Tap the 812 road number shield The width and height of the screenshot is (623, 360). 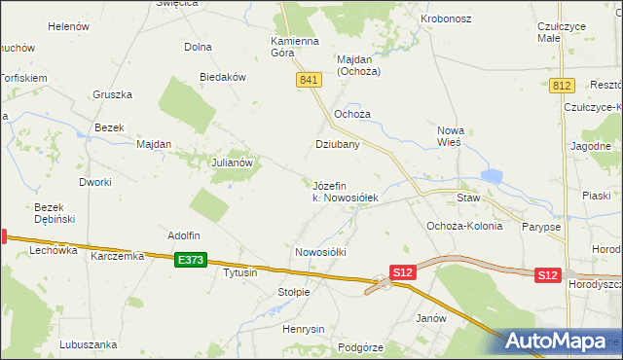tap(561, 86)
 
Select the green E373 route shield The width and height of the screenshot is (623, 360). tap(191, 260)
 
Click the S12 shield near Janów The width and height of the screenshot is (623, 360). tap(403, 273)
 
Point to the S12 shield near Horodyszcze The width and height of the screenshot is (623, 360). tap(548, 275)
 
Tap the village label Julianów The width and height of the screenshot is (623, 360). tap(233, 163)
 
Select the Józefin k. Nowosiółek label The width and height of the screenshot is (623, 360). tap(344, 191)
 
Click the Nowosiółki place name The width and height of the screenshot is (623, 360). tap(320, 251)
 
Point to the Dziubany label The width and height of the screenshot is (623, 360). tap(338, 144)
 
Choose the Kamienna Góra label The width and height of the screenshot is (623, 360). tap(295, 47)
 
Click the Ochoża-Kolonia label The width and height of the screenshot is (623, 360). tap(464, 226)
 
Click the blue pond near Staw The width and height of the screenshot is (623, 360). tap(491, 176)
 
